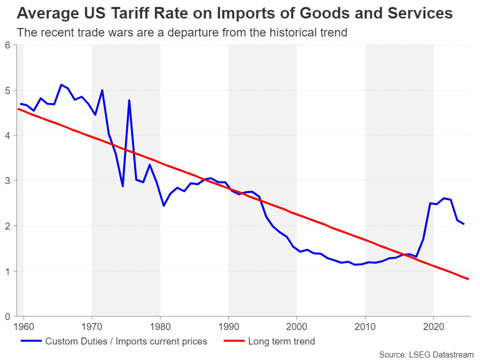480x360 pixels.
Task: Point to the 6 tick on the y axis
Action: (7, 45)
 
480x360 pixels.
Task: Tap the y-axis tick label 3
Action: (7, 180)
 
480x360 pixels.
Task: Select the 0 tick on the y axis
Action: (7, 316)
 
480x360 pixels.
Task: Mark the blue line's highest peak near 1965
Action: (61, 84)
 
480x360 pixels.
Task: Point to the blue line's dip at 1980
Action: (163, 205)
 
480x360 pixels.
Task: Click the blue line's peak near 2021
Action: (443, 198)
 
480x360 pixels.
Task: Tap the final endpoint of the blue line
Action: (464, 224)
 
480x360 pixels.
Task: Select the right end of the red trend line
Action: (468, 279)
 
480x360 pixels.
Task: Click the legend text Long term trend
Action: (281, 342)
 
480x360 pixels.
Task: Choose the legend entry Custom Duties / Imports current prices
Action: (126, 342)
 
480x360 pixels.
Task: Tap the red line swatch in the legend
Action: (233, 342)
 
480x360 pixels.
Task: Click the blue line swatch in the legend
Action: (30, 342)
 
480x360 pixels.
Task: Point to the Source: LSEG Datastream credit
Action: (426, 354)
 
